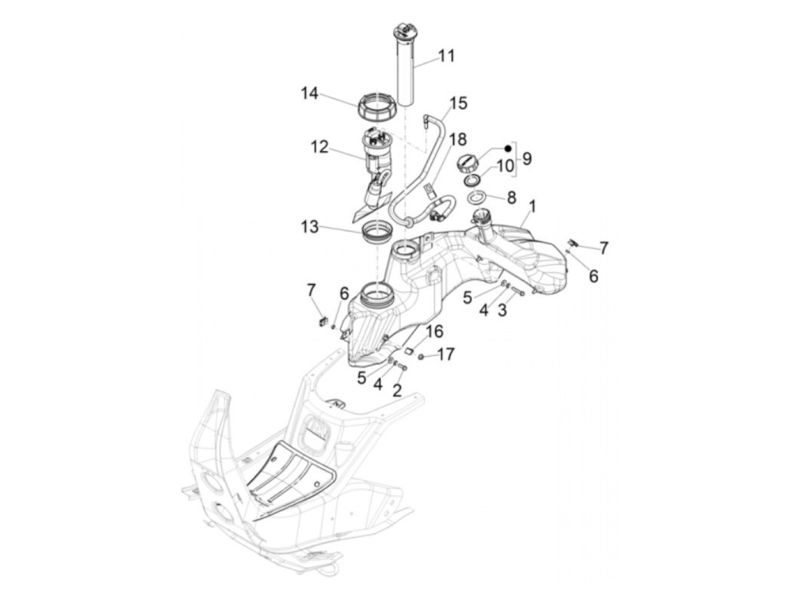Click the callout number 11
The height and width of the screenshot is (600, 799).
[446, 56]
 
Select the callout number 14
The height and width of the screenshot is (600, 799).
[310, 93]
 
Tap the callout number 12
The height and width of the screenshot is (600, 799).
[320, 147]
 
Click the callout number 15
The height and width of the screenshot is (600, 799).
[458, 103]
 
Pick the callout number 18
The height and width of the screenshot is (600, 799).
[457, 139]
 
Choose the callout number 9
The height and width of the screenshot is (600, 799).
[526, 158]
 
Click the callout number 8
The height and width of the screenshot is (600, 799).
[511, 198]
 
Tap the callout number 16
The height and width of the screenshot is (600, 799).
[434, 332]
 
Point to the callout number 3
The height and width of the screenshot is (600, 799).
[502, 310]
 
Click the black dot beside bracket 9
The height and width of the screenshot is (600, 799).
[507, 148]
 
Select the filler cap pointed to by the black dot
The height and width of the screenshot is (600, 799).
[466, 163]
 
